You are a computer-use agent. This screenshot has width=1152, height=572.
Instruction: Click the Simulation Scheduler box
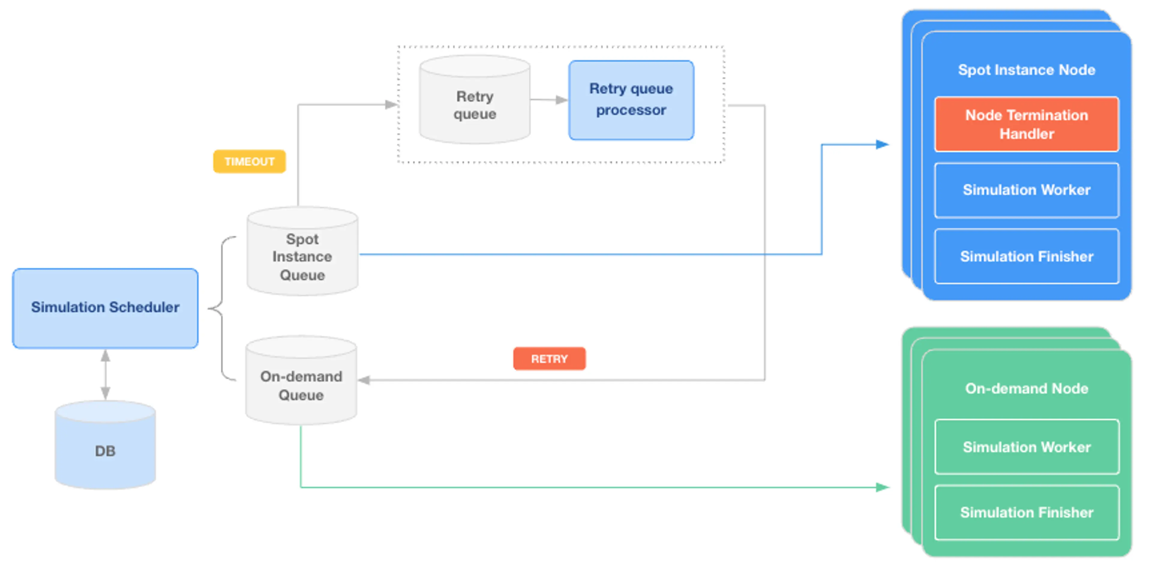pos(105,308)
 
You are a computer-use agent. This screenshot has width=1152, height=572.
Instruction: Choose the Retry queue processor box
pos(631,100)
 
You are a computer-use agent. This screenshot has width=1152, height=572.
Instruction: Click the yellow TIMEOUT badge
pos(249,161)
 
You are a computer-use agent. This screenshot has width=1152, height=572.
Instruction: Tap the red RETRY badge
pos(549,359)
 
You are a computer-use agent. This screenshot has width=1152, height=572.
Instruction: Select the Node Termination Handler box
pos(1026,124)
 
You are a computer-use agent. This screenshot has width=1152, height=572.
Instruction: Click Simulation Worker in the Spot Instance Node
pos(1026,190)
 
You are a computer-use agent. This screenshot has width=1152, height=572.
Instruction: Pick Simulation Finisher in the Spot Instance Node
pos(1026,256)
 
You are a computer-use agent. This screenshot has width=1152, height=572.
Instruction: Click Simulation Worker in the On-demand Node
pos(1026,447)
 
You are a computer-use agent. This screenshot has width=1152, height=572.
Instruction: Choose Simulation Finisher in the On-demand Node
pos(1026,512)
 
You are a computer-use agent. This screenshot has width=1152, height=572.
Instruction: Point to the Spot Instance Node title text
pos(1026,70)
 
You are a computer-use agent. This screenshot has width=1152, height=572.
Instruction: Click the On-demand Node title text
pos(1026,388)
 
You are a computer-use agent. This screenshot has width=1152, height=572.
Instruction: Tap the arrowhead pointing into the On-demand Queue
pos(364,380)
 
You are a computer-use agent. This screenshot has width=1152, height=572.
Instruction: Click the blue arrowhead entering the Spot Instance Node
pos(882,145)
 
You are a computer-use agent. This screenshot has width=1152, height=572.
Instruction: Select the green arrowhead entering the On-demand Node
pos(882,487)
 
